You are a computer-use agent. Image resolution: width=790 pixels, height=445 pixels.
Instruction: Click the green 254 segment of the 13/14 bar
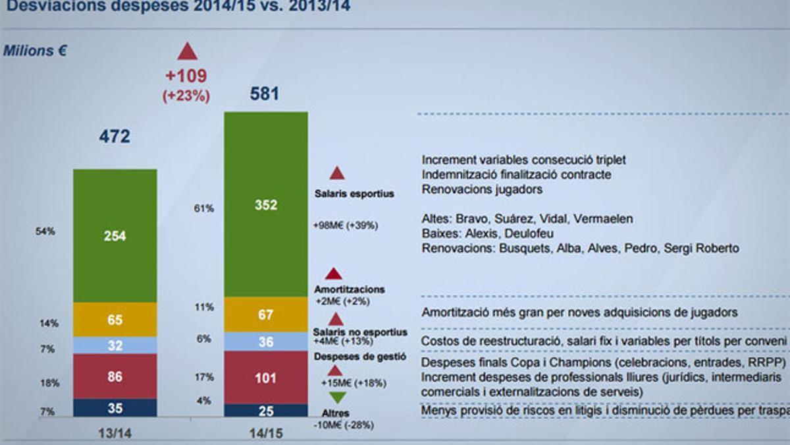click(x=115, y=235)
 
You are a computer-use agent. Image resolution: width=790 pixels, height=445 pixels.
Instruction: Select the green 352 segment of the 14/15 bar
click(x=266, y=204)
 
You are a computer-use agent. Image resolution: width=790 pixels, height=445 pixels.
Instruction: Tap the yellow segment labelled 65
click(x=115, y=320)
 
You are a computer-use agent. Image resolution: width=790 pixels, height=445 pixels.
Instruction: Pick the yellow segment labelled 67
click(x=266, y=314)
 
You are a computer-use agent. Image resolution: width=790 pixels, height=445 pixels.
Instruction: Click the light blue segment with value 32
click(x=115, y=345)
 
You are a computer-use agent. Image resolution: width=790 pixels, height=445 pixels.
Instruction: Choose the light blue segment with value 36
click(x=266, y=341)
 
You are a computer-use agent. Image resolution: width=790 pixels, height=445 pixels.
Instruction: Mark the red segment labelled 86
click(x=115, y=376)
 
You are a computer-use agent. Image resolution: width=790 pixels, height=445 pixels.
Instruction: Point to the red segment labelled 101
click(x=266, y=378)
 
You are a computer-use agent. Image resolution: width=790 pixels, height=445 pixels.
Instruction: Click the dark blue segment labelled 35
click(x=115, y=408)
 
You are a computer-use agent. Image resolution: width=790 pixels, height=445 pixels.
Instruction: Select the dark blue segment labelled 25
click(x=266, y=411)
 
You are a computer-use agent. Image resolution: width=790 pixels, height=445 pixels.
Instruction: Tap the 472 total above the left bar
click(x=115, y=136)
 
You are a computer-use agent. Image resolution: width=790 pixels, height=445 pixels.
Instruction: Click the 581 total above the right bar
click(x=265, y=94)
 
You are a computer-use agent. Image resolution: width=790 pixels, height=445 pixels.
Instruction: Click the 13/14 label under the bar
click(x=115, y=432)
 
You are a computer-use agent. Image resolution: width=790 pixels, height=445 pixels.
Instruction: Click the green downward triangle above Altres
click(x=336, y=398)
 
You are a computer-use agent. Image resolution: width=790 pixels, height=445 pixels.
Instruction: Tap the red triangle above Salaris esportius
click(x=337, y=173)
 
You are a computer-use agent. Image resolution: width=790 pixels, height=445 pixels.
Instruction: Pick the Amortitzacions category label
click(x=350, y=289)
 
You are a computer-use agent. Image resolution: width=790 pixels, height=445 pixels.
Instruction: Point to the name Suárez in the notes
click(x=504, y=219)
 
